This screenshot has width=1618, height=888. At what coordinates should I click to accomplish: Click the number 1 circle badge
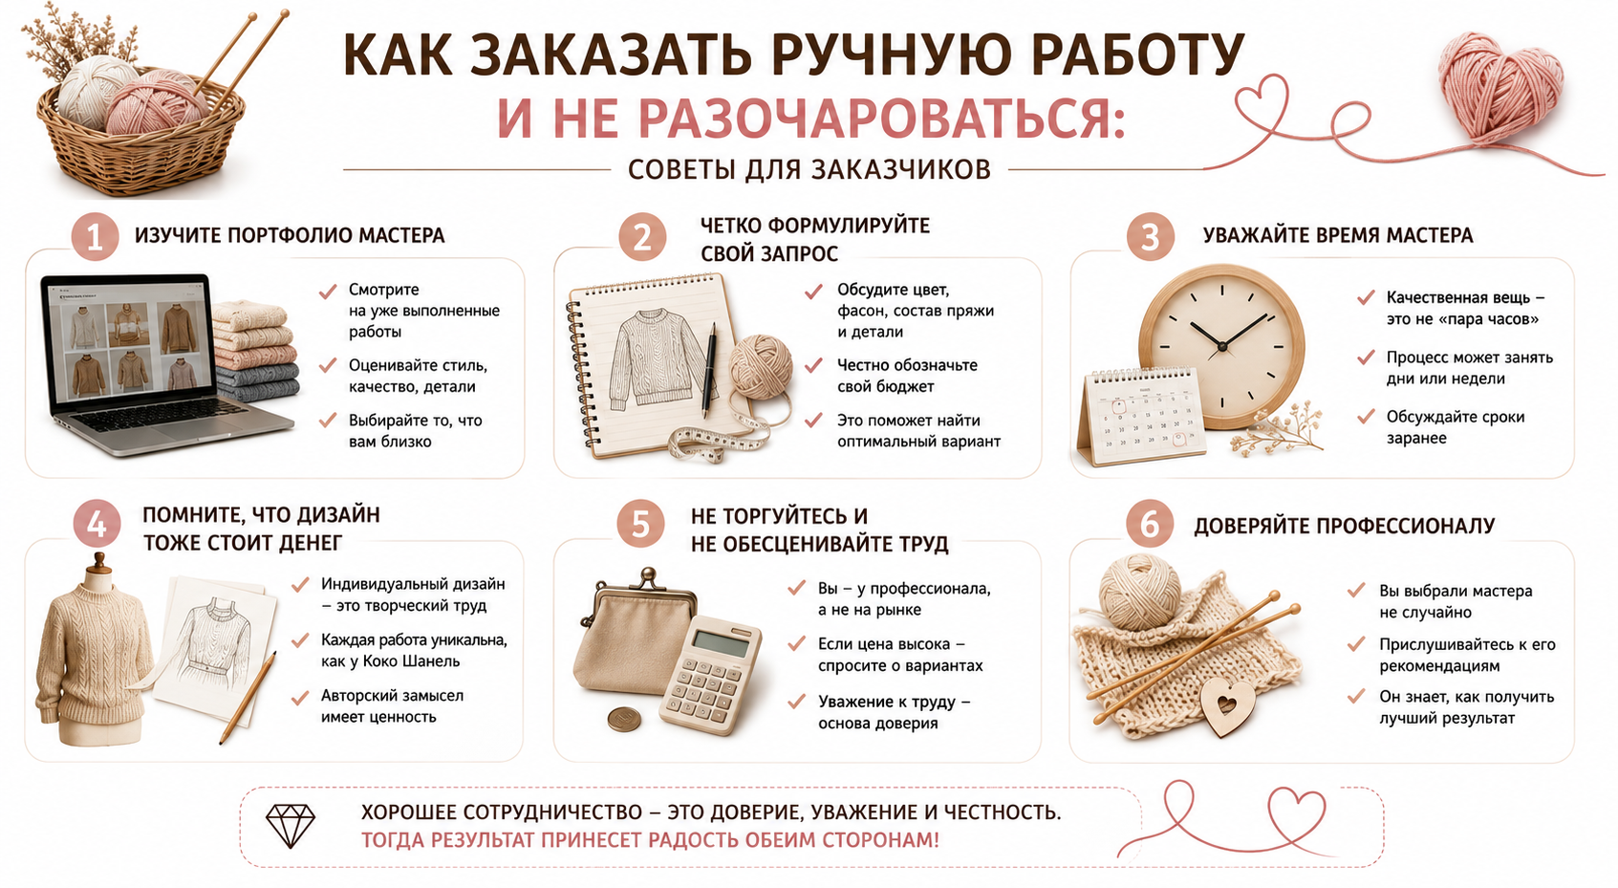95,236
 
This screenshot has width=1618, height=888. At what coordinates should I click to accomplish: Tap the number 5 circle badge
640,524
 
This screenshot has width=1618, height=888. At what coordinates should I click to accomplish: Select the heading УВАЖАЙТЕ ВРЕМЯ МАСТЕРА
1338,235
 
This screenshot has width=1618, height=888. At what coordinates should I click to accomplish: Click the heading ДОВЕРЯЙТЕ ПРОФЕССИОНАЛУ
1344,526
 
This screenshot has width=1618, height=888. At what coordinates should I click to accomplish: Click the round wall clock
1222,347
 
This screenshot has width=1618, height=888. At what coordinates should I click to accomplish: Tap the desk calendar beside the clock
1140,417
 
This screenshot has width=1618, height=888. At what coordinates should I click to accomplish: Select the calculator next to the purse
710,676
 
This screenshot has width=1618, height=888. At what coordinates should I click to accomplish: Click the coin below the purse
624,720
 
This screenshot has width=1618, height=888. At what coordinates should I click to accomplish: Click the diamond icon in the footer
291,826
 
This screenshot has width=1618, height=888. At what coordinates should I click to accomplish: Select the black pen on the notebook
710,369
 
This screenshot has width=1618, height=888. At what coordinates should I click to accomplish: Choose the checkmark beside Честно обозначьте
814,365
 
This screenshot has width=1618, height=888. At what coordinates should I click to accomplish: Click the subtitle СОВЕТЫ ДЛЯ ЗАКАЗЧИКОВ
809,170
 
